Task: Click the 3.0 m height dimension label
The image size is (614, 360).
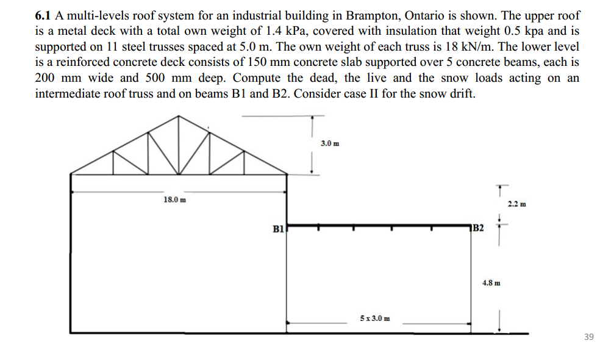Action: point(329,143)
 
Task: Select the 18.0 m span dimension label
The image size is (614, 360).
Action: point(175,200)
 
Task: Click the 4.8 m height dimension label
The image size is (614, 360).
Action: point(491,283)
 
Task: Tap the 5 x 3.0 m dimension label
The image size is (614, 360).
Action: point(375,319)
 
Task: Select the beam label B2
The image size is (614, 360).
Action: point(478,228)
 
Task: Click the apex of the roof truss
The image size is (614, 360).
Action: point(179,116)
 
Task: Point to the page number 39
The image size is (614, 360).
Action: point(588,337)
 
